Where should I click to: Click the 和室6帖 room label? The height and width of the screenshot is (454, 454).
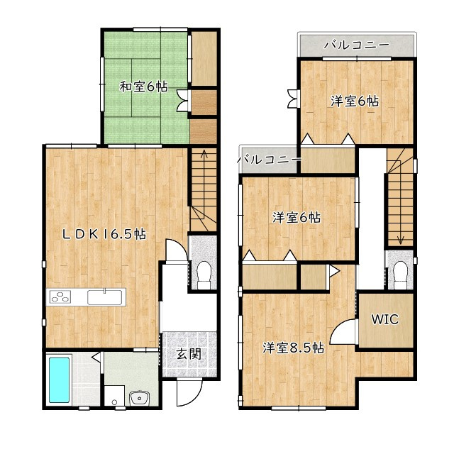[143, 87]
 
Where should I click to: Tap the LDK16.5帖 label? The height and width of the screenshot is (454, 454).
[105, 234]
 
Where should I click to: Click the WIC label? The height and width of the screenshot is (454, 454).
[385, 319]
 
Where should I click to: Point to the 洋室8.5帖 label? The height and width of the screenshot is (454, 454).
[293, 348]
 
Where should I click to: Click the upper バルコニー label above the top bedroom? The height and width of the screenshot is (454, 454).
[356, 45]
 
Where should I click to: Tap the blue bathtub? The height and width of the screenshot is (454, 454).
[59, 380]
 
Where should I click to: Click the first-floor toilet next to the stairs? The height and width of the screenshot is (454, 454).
[204, 275]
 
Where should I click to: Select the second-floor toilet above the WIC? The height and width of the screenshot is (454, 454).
[401, 275]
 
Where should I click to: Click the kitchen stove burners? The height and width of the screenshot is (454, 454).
[60, 297]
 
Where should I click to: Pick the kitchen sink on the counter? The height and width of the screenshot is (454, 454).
[105, 297]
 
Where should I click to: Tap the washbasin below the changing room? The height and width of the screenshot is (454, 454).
[139, 398]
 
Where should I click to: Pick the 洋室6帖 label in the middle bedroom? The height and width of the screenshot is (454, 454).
[297, 218]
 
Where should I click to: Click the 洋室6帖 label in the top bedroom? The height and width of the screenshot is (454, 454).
[355, 101]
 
